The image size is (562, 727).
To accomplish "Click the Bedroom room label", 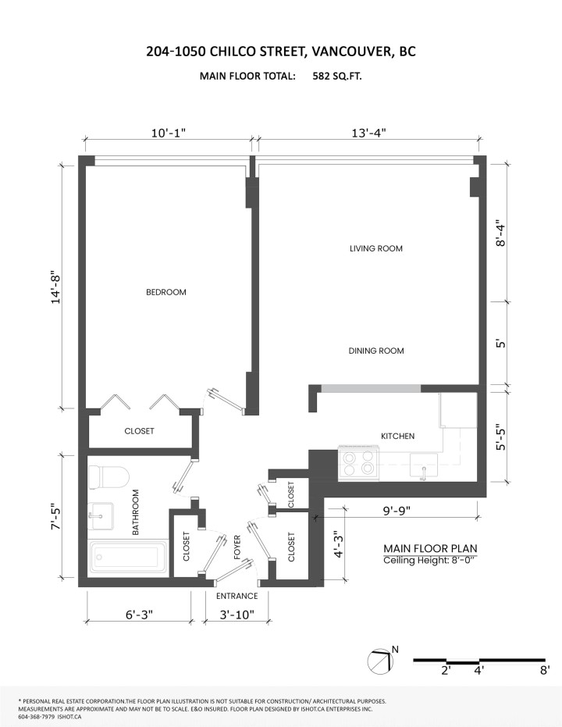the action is (x=165, y=292).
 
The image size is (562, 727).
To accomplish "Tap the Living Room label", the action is (x=375, y=248).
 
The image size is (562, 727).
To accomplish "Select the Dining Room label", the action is (x=376, y=351).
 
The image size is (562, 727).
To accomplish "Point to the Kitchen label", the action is (x=397, y=436).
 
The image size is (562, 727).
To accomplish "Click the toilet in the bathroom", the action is (x=108, y=478).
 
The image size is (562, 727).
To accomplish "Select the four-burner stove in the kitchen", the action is (x=358, y=462).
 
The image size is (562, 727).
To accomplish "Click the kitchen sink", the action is (x=424, y=465).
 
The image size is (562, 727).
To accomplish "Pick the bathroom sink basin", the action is (x=101, y=515).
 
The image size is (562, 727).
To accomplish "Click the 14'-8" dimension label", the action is (x=56, y=287).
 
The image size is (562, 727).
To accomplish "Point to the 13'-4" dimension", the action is (x=368, y=133).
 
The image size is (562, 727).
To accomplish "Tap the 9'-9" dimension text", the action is (x=397, y=511).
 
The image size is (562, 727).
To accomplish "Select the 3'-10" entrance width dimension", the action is (x=237, y=615).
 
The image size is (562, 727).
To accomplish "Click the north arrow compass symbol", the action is (x=382, y=661).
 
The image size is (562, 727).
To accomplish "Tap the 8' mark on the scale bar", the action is (x=545, y=670).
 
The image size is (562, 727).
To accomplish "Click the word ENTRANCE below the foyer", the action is (x=237, y=596).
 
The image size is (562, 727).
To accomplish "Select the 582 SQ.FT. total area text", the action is (x=337, y=76).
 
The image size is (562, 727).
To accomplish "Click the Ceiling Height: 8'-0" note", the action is (x=429, y=560).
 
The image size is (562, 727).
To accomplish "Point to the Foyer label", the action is (x=237, y=547).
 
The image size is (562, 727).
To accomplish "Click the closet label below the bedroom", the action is (x=139, y=431).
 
